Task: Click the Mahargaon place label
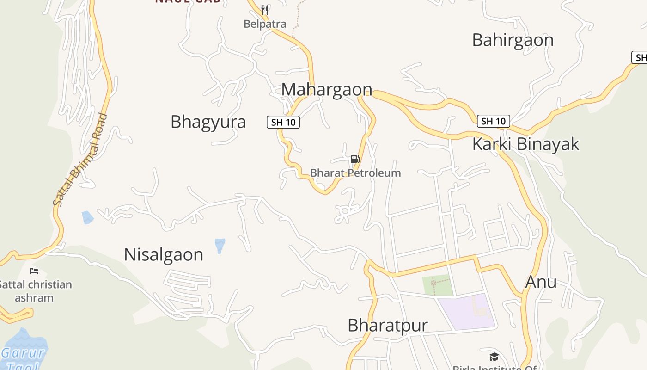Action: (327, 89)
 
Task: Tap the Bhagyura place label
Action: (208, 122)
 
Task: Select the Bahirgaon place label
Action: (513, 40)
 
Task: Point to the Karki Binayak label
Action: (525, 144)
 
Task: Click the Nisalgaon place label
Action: (164, 255)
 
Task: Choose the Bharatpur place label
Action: (388, 325)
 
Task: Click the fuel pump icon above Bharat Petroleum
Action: (355, 160)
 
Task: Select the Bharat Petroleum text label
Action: (355, 173)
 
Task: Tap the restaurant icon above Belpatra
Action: (265, 10)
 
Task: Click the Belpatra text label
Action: (265, 24)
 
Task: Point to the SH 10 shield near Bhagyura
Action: (283, 122)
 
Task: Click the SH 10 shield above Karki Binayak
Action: (493, 121)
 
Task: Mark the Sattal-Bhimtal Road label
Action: (80, 160)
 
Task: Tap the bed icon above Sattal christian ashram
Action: (34, 271)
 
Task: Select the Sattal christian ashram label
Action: (35, 291)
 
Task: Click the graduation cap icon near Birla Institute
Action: (494, 357)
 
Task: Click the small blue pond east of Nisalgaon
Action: (220, 245)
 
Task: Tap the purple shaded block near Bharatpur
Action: (467, 312)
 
